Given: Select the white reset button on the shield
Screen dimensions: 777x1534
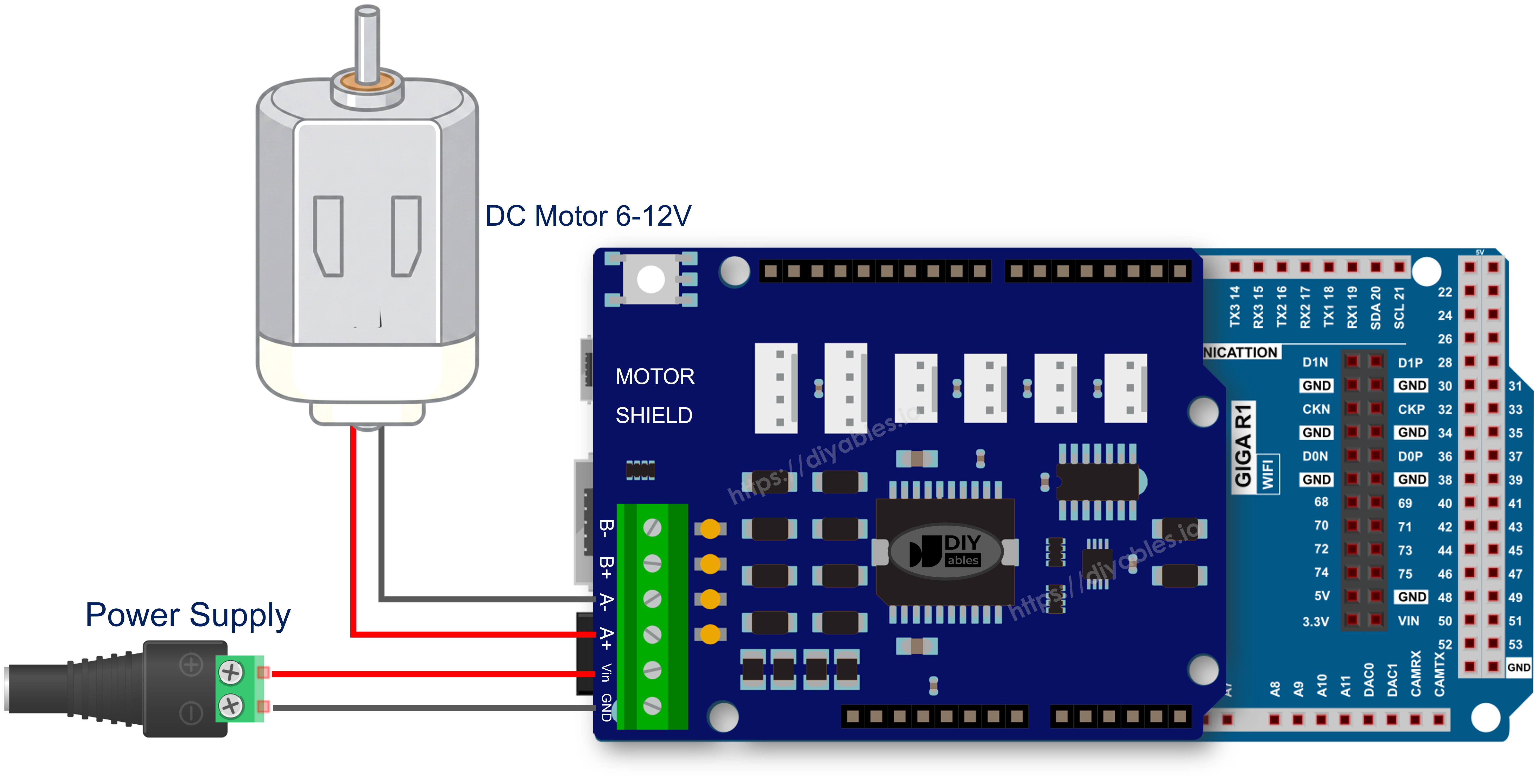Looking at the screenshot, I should coord(651,279).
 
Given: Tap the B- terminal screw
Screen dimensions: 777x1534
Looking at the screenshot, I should coord(653,527).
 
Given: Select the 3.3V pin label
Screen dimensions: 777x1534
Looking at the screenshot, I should coord(1315,621).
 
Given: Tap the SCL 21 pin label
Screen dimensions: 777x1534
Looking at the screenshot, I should coord(1399,307).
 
